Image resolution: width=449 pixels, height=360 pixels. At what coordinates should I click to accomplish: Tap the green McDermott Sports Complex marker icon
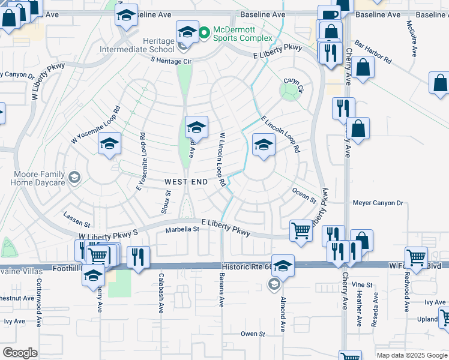[x=204, y=31]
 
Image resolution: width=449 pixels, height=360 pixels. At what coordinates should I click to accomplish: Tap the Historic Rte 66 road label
[x=247, y=265]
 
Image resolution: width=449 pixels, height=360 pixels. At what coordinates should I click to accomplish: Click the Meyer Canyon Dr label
[x=378, y=203]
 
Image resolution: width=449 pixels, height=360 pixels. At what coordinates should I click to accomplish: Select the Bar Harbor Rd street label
[x=373, y=52]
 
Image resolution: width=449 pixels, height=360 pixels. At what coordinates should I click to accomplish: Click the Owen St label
[x=253, y=334]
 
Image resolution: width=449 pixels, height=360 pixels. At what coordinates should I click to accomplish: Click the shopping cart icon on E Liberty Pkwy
[x=301, y=230]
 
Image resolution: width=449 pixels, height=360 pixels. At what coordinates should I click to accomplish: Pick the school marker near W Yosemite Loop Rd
[x=110, y=144]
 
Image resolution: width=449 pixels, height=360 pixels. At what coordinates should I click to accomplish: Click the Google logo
[x=20, y=353]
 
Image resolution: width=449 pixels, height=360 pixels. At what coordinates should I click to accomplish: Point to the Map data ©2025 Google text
[x=412, y=355]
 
